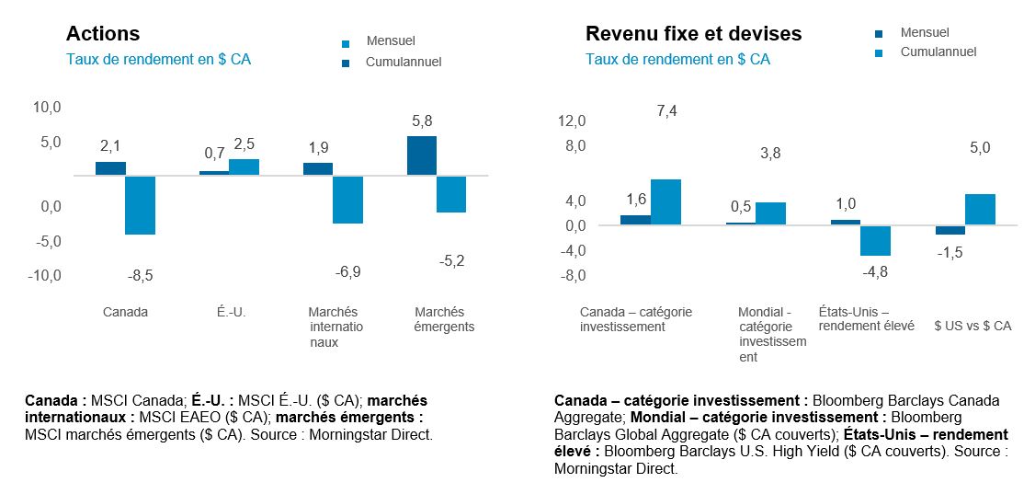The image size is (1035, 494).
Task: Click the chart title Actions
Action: tap(103, 34)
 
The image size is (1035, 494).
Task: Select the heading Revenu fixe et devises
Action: tap(693, 34)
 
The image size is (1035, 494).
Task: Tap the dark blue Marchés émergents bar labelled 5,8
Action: tap(422, 155)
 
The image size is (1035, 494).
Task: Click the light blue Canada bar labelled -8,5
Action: tap(140, 204)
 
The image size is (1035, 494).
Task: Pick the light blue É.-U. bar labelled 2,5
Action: tap(244, 167)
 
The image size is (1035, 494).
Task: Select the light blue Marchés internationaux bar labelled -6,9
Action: tap(347, 199)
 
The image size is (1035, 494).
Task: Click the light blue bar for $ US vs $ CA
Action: tap(980, 209)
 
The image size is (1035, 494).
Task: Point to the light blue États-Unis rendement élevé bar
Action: tap(875, 240)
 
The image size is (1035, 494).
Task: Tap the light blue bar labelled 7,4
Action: tap(665, 201)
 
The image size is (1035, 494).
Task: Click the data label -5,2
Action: tap(451, 261)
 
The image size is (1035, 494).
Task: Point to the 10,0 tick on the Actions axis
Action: tap(46, 108)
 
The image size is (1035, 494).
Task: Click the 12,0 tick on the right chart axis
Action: tap(571, 121)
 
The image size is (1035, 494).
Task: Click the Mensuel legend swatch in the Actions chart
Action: tap(346, 43)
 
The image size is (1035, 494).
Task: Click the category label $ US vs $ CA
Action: tap(972, 326)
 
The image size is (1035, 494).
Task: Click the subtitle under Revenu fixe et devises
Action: tap(677, 60)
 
